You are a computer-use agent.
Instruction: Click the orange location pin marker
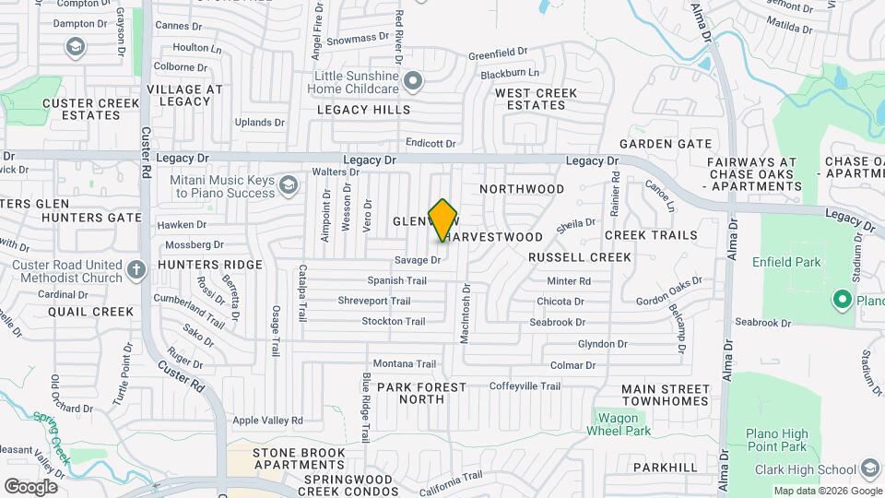pos(443,219)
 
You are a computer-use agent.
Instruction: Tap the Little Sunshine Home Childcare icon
pos(414,82)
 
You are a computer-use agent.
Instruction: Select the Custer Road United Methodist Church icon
pos(136,270)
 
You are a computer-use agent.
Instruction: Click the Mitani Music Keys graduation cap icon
pos(289,186)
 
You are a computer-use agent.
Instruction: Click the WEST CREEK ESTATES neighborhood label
pos(536,99)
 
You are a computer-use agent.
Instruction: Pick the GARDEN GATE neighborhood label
pos(666,144)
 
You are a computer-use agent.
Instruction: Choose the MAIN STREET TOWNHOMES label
pos(665,395)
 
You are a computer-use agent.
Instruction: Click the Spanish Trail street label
pos(396,280)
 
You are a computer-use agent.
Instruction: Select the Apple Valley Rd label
pos(267,421)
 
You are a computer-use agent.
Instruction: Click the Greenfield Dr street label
pos(497,55)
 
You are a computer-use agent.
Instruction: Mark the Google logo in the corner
pos(30,486)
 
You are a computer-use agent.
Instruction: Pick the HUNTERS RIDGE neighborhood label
pos(197,265)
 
